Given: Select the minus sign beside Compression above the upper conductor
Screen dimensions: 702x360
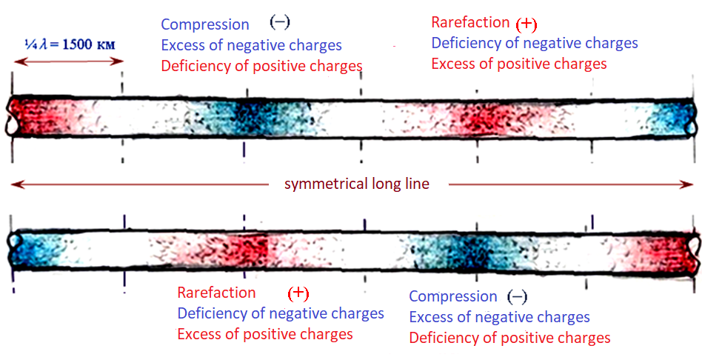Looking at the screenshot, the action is point(280,22).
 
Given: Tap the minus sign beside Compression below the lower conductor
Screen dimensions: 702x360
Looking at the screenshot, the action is point(517,297).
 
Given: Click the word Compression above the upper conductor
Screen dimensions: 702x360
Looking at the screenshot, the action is point(205,24).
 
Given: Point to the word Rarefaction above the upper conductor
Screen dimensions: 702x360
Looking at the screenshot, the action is point(470,22).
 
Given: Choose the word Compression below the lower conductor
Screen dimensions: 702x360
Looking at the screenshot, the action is point(453,296).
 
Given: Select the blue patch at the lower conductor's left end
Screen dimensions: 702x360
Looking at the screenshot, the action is point(36,250).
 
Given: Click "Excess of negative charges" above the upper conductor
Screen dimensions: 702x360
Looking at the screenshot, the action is point(252,45).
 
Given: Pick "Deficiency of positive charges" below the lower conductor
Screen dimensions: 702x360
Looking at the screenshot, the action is point(510,337).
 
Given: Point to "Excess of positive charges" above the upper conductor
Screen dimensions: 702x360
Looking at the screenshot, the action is point(519,64).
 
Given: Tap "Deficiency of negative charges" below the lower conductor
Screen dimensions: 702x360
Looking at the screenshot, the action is point(281,313).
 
